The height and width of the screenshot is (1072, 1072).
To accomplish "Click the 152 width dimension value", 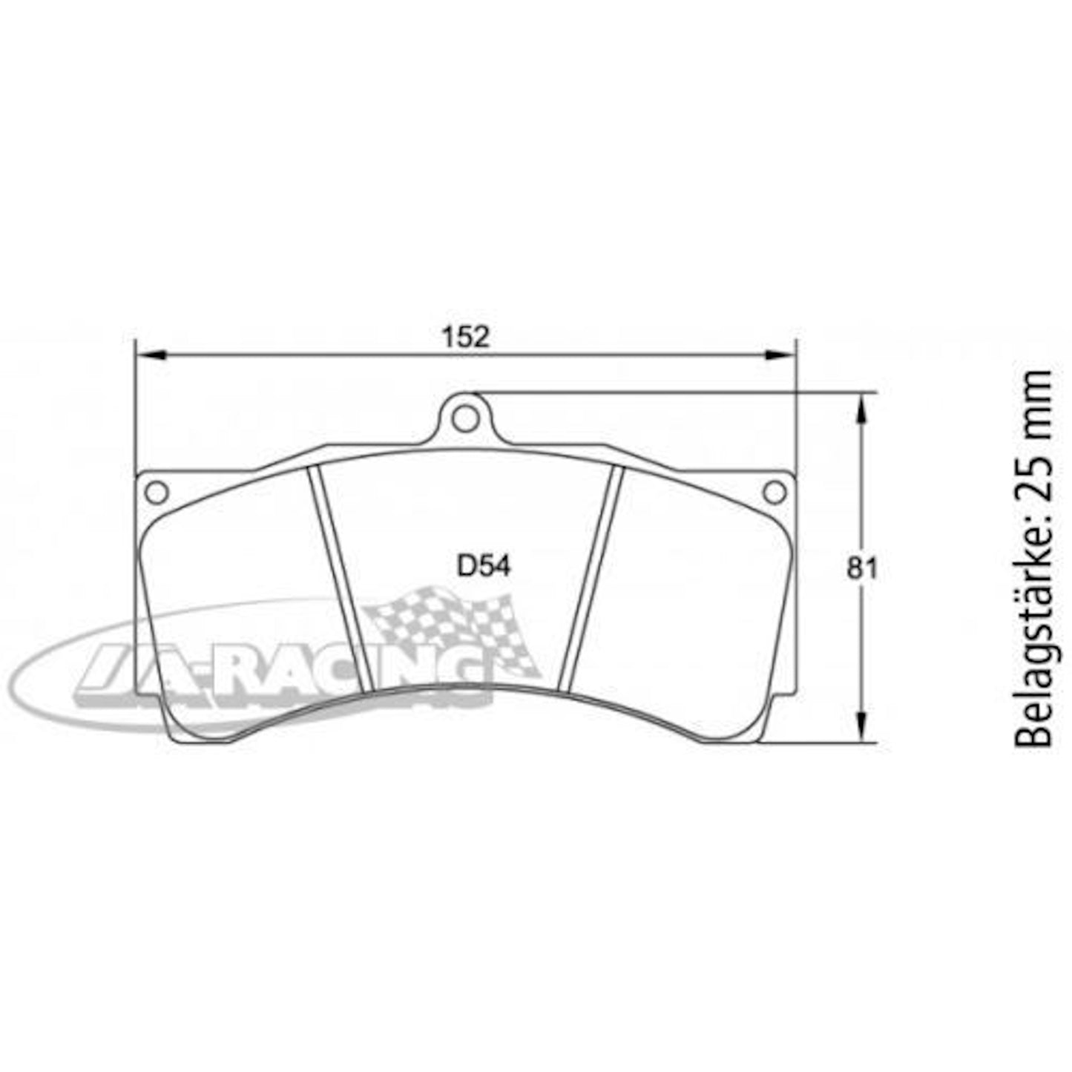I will pos(466,337).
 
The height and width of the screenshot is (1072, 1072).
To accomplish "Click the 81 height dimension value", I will pos(862,569).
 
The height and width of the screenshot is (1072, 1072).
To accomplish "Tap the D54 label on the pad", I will pos(484,567).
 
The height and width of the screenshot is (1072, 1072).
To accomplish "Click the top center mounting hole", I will pos(465,419).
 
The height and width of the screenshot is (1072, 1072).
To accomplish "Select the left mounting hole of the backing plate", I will pos(157,491).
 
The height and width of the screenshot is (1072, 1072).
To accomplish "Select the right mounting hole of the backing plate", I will pos(774,491).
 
